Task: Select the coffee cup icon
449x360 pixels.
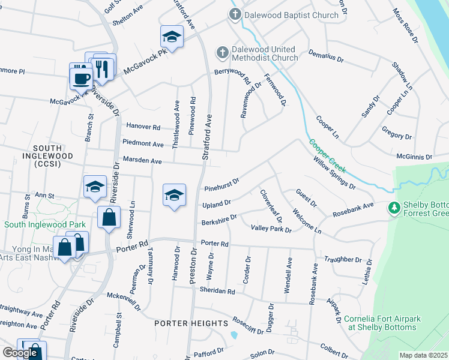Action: (81, 77)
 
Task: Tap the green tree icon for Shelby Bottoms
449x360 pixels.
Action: (394, 208)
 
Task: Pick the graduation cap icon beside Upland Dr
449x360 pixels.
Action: (174, 196)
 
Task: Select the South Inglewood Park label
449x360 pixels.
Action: (45, 224)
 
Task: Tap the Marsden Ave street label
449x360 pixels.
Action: (143, 161)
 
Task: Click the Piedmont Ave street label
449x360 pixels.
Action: (143, 145)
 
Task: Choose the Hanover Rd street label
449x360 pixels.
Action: (143, 127)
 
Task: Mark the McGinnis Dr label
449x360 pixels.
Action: (414, 157)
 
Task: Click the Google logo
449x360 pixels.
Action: (20, 353)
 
